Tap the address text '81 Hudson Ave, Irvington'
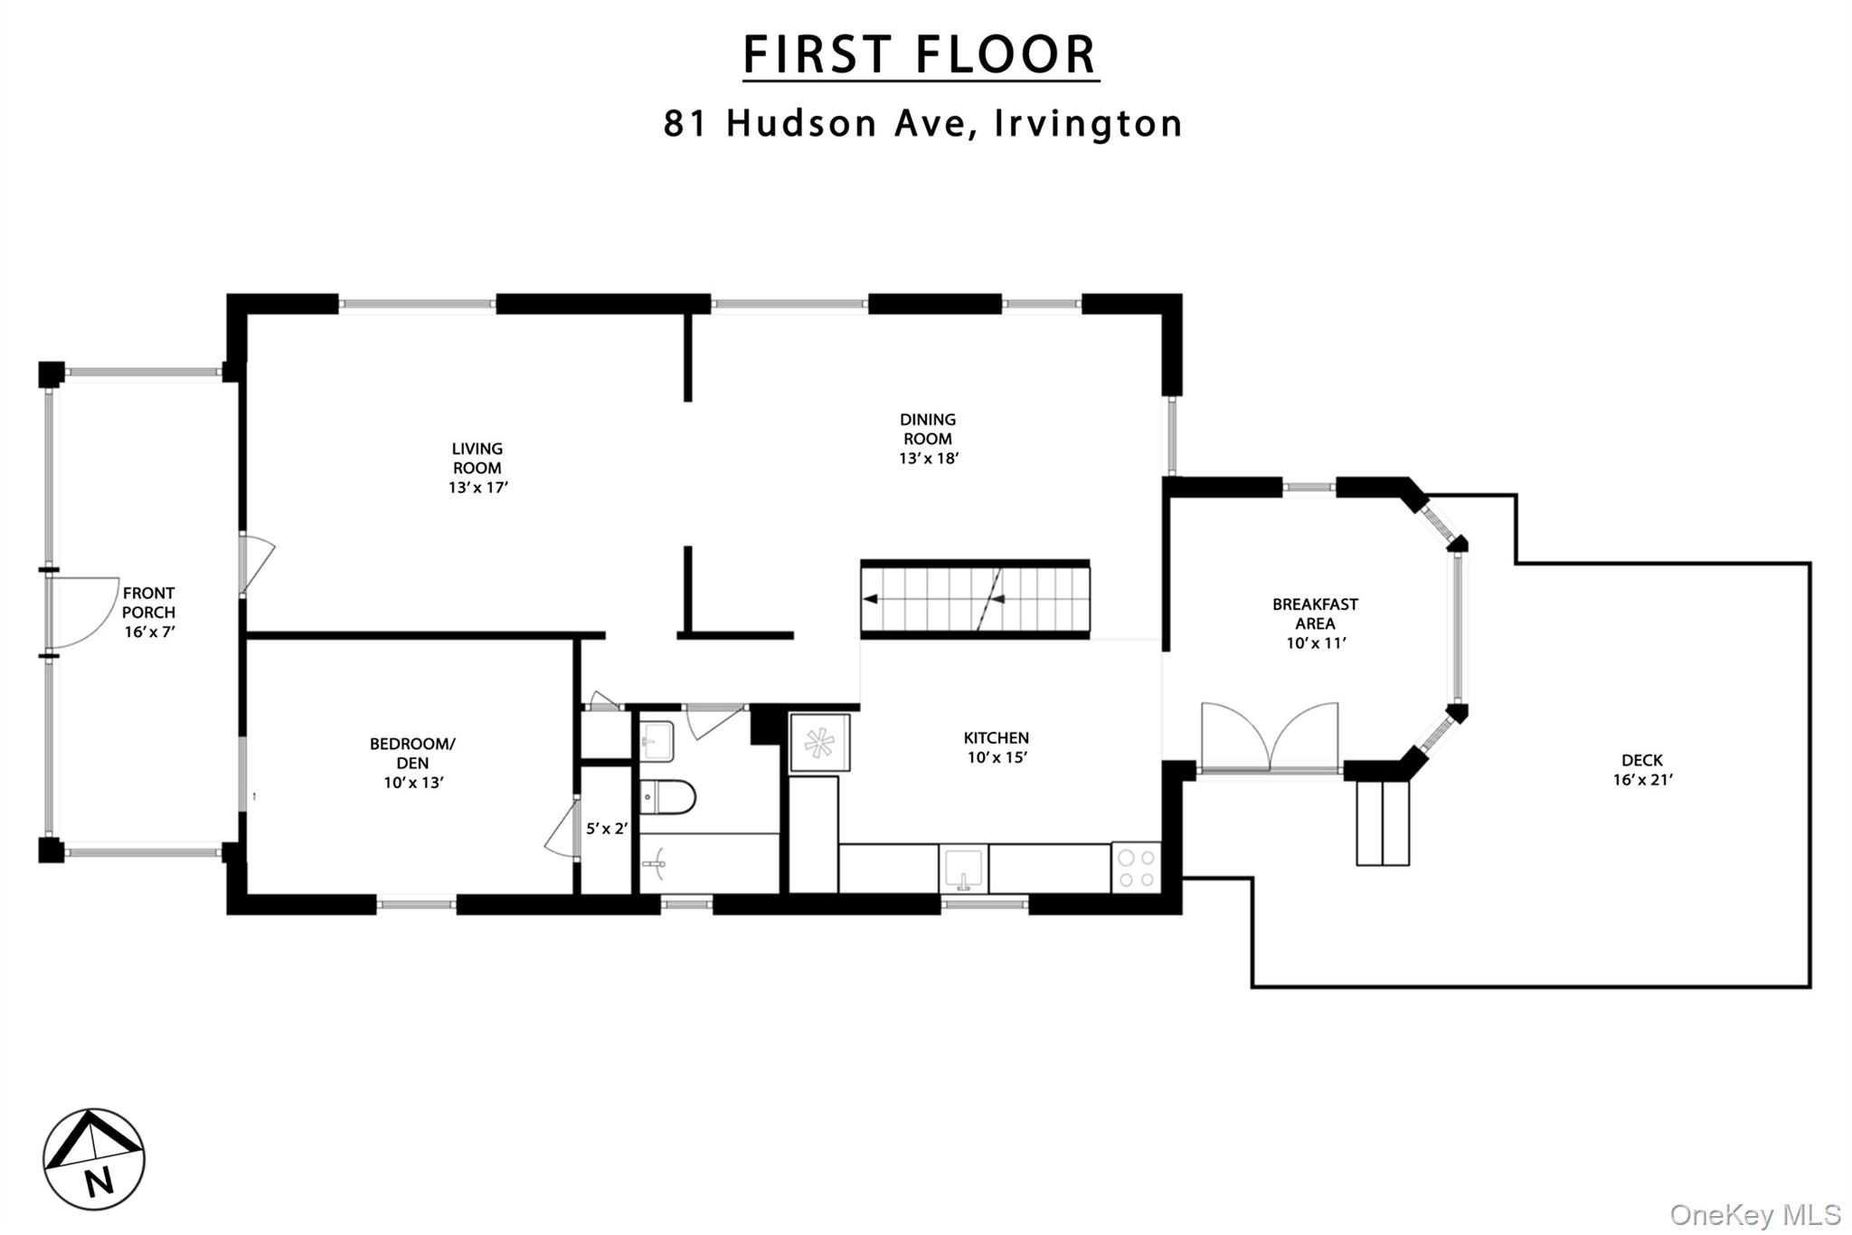click(x=923, y=123)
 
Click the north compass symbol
click(x=94, y=1159)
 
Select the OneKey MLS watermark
click(x=1755, y=1214)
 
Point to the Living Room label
click(x=477, y=468)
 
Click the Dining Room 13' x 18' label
click(x=928, y=439)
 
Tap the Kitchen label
click(x=997, y=747)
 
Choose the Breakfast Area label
click(x=1316, y=623)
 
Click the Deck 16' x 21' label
click(x=1642, y=770)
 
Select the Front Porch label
click(x=149, y=613)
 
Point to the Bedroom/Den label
click(x=413, y=763)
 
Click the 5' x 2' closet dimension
click(x=606, y=828)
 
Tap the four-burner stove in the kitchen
click(x=1136, y=868)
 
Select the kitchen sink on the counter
click(x=964, y=869)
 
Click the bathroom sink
click(x=657, y=741)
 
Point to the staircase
click(x=975, y=599)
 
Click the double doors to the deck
click(x=1270, y=736)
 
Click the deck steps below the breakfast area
click(x=1383, y=823)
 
